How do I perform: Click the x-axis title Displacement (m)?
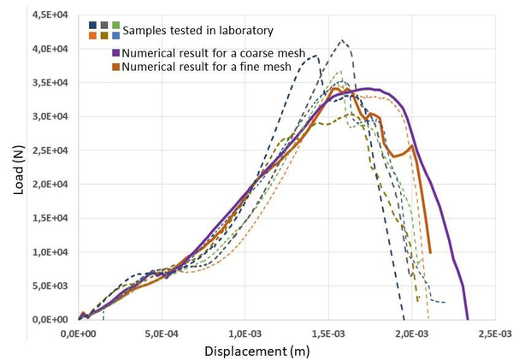click(256, 351)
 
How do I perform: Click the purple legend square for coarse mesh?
click(114, 51)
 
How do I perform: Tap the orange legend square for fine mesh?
click(114, 65)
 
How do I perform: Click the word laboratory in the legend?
click(243, 31)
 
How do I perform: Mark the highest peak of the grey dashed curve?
click(343, 39)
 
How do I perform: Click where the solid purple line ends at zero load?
click(468, 319)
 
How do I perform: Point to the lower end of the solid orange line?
click(429, 252)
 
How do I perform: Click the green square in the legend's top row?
click(115, 26)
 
